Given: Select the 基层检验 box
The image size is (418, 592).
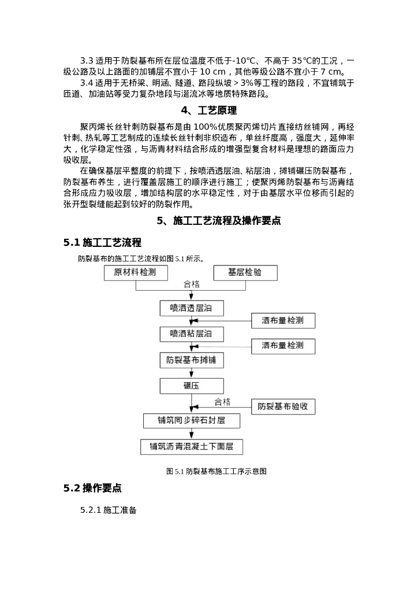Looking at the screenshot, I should point(245,273).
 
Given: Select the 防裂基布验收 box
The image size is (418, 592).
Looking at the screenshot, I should point(283,406).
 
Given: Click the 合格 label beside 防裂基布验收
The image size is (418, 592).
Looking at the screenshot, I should point(222,401).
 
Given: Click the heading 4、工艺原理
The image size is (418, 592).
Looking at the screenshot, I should point(209,110).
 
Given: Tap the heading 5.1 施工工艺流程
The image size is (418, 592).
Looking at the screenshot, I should point(102,242).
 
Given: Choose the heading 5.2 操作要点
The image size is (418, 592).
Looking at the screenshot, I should point(92,488).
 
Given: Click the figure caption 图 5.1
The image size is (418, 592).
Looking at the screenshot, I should point(216,471).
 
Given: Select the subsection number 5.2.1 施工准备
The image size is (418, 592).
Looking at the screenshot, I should point(108,510).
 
